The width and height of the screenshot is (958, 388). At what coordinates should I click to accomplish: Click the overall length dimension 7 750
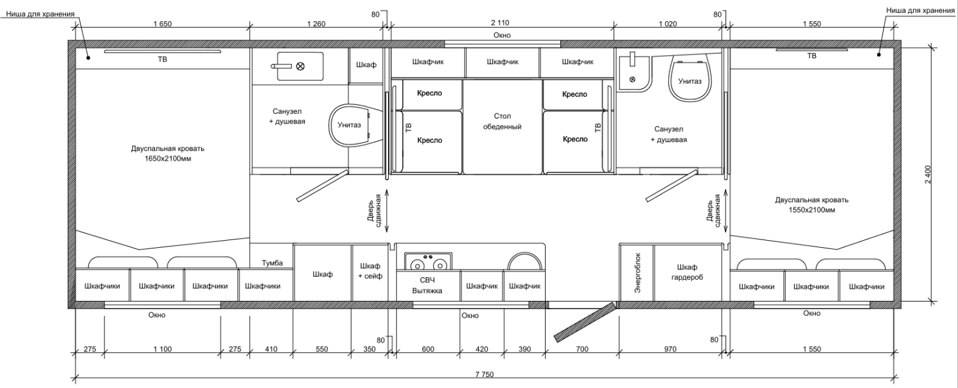click(x=484, y=375)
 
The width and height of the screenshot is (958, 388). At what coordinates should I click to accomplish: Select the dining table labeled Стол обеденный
click(x=503, y=127)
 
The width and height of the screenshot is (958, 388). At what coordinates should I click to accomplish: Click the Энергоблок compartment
click(x=637, y=273)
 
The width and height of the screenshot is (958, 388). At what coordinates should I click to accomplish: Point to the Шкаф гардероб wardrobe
click(x=687, y=273)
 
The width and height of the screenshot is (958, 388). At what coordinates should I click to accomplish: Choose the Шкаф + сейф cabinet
click(x=370, y=273)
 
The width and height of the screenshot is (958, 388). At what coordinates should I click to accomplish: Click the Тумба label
click(x=272, y=263)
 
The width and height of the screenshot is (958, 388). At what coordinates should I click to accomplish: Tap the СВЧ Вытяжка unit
click(x=427, y=286)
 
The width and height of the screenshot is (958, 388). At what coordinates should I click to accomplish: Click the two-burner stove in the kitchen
click(x=428, y=261)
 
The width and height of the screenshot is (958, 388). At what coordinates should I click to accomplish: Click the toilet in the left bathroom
click(x=350, y=125)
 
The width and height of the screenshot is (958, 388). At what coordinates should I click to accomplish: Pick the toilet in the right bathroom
click(x=690, y=79)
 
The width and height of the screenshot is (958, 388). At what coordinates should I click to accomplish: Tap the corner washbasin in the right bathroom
click(x=633, y=73)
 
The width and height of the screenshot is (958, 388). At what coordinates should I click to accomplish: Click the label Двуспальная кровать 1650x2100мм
click(x=168, y=154)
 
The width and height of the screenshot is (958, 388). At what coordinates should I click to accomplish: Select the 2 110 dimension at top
click(x=500, y=23)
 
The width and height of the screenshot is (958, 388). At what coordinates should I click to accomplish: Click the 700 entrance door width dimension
click(x=582, y=349)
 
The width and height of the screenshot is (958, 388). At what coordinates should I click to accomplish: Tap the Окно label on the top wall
click(x=502, y=35)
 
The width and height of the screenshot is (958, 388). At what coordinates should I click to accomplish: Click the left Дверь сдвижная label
click(x=374, y=211)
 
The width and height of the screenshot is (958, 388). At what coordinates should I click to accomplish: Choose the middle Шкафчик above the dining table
click(x=503, y=61)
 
